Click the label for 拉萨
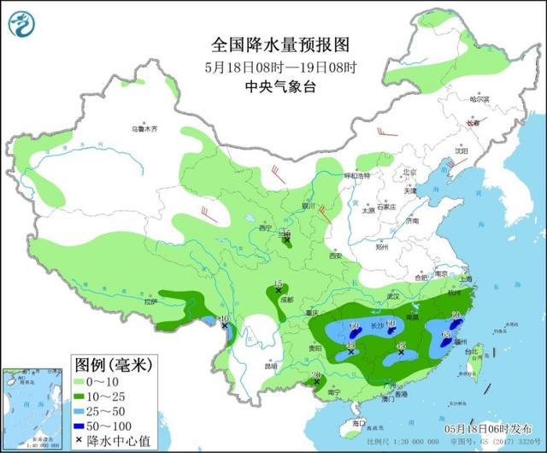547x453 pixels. (151, 302)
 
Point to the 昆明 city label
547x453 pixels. (271, 366)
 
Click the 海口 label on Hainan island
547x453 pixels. (359, 422)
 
